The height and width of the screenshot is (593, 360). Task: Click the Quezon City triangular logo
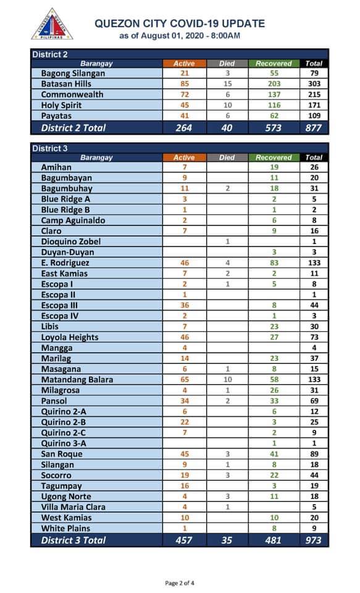coord(52,25)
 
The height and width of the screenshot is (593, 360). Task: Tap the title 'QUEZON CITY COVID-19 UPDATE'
coord(180,24)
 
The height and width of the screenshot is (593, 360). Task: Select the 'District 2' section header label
coord(50,54)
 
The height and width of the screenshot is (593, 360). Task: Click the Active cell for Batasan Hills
coord(185,84)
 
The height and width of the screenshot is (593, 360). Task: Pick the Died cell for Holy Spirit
coord(227,105)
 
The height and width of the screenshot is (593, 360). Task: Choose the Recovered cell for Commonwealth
coord(274,95)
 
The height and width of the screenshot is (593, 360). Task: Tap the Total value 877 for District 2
coord(314,128)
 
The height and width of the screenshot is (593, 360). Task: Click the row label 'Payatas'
coord(56,116)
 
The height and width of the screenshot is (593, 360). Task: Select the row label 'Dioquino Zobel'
coord(71,242)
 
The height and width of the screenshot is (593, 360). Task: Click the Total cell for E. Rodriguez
coord(314,263)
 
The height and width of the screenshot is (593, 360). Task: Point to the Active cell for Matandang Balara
coord(185,379)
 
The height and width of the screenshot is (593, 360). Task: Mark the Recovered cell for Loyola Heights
coord(274,337)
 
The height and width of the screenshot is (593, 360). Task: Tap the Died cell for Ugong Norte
coord(227,496)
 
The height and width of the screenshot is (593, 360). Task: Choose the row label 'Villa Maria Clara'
coord(73,507)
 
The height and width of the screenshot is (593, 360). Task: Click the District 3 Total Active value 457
coord(184,540)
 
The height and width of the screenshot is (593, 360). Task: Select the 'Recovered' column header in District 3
coord(274,158)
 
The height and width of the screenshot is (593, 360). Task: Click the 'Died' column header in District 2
coord(227,64)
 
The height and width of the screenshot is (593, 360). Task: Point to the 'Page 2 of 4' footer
coord(180,582)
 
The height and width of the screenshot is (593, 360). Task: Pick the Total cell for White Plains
coord(314,528)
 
